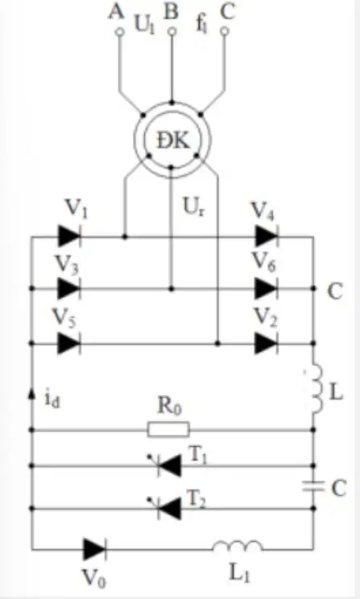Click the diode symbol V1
click(x=69, y=236)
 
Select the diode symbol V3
click(x=68, y=288)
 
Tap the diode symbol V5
click(x=68, y=344)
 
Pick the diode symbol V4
click(x=267, y=236)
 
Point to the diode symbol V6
click(x=266, y=288)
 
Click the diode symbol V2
click(x=266, y=344)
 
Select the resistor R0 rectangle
click(x=168, y=429)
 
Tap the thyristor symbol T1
click(x=165, y=465)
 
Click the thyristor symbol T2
click(x=165, y=509)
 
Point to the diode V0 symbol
click(x=94, y=549)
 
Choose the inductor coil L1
click(x=238, y=547)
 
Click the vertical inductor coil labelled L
click(x=317, y=390)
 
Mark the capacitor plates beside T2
click(x=313, y=487)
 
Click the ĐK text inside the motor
click(x=173, y=141)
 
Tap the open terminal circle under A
click(x=120, y=31)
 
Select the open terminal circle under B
click(x=172, y=31)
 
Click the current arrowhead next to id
click(x=32, y=395)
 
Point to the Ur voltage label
click(x=194, y=209)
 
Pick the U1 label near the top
click(x=144, y=25)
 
